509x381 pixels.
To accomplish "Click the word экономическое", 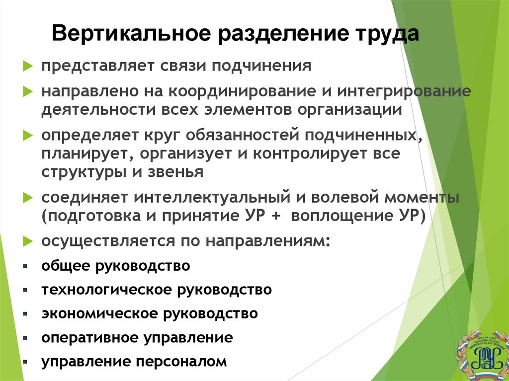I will (102, 314).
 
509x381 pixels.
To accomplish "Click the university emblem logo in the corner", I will (482, 353).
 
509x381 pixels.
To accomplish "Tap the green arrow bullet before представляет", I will (28, 66).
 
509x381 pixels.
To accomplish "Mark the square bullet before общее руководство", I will (24, 266).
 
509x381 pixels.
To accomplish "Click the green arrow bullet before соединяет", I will (28, 198).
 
